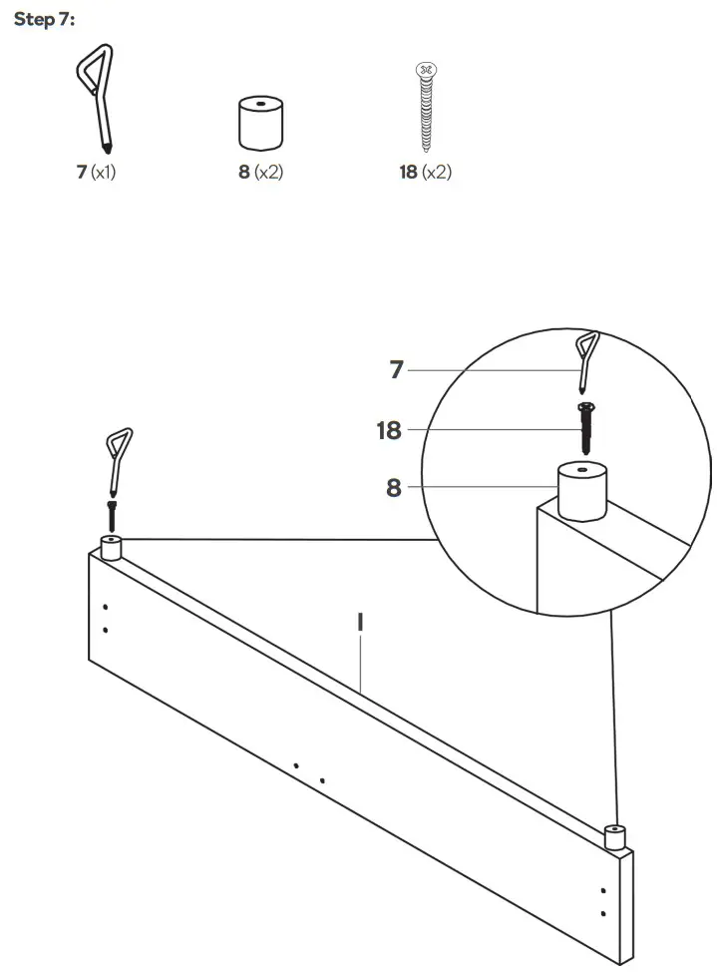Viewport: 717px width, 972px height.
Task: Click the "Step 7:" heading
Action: pyautogui.click(x=45, y=19)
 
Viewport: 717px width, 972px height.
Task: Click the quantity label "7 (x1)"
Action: pyautogui.click(x=97, y=173)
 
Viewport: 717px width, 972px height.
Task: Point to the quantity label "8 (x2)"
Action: pyautogui.click(x=261, y=173)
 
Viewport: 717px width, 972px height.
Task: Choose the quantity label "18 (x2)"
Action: pyautogui.click(x=426, y=173)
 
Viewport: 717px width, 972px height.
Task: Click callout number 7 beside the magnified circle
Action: pyautogui.click(x=396, y=370)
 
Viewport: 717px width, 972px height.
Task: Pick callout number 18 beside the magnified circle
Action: pyautogui.click(x=389, y=430)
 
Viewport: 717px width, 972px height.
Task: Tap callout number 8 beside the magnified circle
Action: pyautogui.click(x=396, y=489)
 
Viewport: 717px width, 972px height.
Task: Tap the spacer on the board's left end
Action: pyautogui.click(x=111, y=548)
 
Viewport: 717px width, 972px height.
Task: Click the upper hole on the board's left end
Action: pyautogui.click(x=106, y=607)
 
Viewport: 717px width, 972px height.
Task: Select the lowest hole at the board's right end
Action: pyautogui.click(x=602, y=912)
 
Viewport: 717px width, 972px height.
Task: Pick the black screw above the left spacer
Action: pyautogui.click(x=112, y=517)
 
